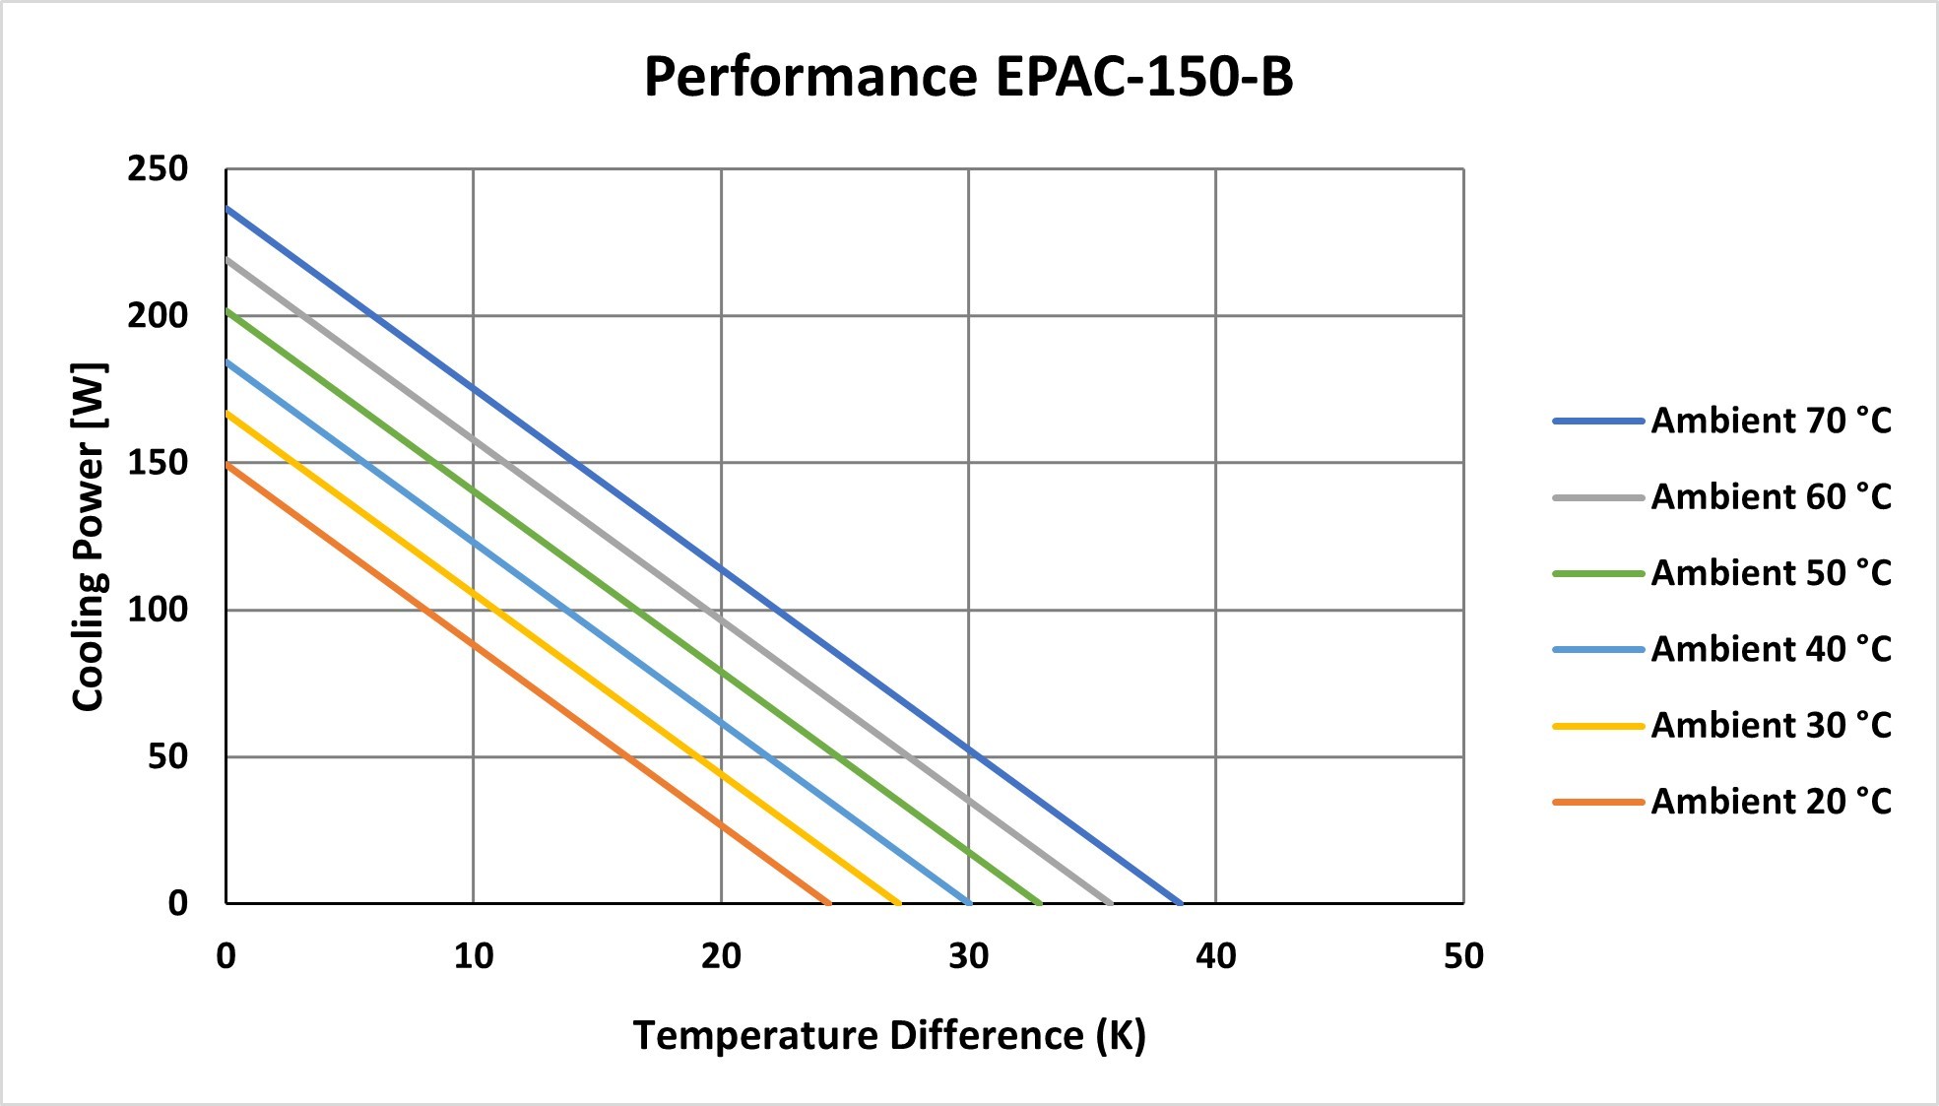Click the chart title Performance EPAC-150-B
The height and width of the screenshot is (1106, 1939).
click(x=968, y=77)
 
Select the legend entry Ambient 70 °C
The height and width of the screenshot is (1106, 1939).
click(x=1722, y=421)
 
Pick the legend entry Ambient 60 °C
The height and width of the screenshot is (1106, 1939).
click(x=1722, y=496)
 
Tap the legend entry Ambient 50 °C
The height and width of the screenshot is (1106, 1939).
click(x=1722, y=572)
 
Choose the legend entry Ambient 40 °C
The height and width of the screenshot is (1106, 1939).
click(x=1722, y=649)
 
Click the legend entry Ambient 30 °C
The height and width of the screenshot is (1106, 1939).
click(x=1722, y=725)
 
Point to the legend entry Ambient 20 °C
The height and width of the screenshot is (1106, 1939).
click(x=1722, y=801)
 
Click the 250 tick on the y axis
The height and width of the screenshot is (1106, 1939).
click(x=158, y=168)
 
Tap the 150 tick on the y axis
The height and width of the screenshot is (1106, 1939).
click(x=158, y=462)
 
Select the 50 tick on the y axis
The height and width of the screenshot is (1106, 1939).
click(x=167, y=756)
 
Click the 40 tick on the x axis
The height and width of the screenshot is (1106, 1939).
click(x=1216, y=955)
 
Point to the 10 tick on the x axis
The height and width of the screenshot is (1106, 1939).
click(x=474, y=955)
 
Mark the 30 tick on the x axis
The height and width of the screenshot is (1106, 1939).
click(x=969, y=955)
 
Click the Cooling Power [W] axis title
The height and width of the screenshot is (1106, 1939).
click(x=89, y=537)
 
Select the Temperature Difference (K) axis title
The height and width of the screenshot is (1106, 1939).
click(x=889, y=1036)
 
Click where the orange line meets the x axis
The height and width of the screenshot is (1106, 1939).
click(x=829, y=902)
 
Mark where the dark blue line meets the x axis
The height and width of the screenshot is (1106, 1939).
click(x=1180, y=902)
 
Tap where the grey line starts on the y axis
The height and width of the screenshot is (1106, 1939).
click(x=226, y=259)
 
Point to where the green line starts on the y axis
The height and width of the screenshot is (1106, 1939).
click(x=226, y=310)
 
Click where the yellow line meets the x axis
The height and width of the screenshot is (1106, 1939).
click(x=899, y=902)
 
